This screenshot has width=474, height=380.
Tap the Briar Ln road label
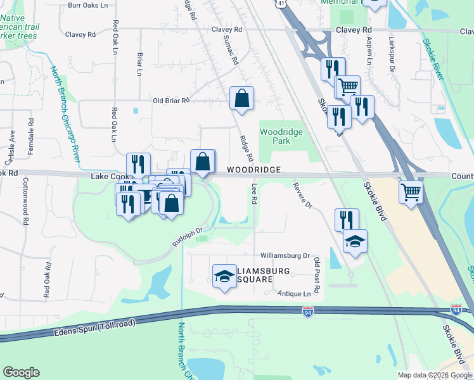[x=139, y=63]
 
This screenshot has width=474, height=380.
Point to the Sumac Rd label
[x=230, y=51]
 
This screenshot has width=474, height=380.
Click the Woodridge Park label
[x=281, y=136]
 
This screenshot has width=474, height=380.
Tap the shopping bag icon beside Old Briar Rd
[x=241, y=99]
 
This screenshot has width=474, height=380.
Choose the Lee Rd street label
[x=254, y=194]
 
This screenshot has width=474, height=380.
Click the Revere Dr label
[x=303, y=196]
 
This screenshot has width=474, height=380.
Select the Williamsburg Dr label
[x=285, y=256]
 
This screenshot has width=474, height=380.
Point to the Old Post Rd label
[x=317, y=270]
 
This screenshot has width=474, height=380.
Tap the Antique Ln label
[x=295, y=294]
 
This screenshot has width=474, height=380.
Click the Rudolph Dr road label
[x=187, y=237]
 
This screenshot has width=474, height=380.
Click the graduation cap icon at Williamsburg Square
[x=224, y=276]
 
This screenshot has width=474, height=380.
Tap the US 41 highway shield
[x=281, y=3]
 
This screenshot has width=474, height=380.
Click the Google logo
[x=21, y=372]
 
